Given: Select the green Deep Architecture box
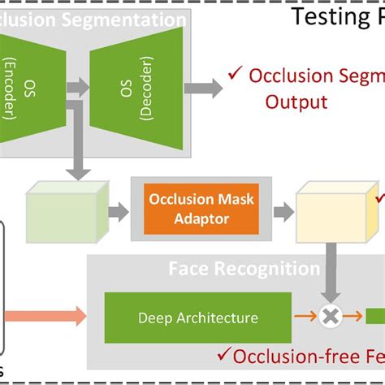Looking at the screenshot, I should [x=197, y=318].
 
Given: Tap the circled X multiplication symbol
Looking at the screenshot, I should [x=329, y=318].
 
